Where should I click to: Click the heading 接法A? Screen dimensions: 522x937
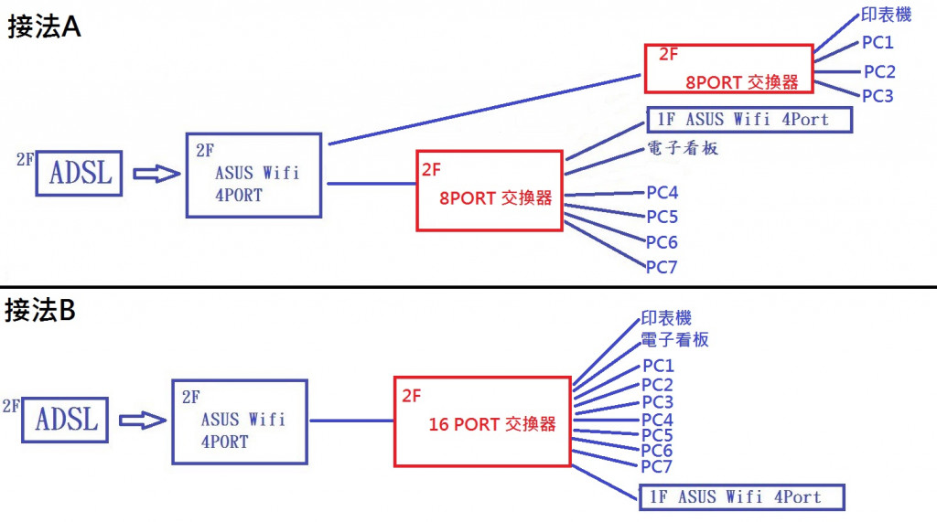point(45,27)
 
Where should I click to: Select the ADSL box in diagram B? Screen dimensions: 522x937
point(66,420)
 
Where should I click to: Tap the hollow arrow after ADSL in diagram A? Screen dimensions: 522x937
point(156,174)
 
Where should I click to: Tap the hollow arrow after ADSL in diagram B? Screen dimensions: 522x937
point(143,420)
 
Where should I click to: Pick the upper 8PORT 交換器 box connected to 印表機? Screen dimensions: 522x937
point(728,69)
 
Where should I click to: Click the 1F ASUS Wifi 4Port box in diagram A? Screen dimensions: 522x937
point(749,120)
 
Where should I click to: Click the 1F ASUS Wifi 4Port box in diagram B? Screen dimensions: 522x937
point(741,497)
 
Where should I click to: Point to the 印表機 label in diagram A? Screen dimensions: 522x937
point(884,16)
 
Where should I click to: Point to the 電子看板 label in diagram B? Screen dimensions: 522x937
point(674,340)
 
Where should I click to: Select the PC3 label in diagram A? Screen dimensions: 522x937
point(878,95)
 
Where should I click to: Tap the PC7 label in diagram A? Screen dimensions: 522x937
point(662,267)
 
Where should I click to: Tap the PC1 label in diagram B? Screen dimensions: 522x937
point(657,367)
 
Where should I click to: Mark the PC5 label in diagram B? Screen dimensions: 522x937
point(657,435)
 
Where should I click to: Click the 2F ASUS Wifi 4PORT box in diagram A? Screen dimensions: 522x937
point(253,176)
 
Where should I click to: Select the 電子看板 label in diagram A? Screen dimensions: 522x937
point(683,147)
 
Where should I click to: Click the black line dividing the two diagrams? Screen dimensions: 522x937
point(468,288)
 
